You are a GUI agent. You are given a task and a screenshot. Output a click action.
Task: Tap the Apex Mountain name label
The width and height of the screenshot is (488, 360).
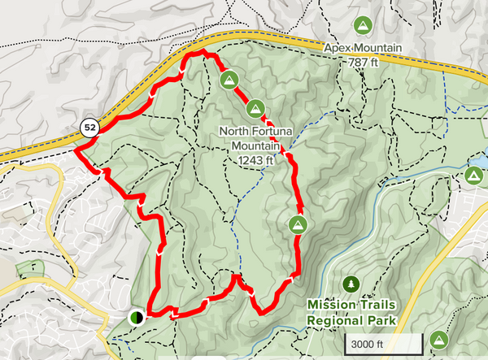(x=363, y=48)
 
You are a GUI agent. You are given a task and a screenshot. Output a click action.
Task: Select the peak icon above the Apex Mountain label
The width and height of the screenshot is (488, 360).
(x=363, y=24)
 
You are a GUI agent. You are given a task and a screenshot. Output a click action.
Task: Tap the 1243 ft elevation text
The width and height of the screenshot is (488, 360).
(x=256, y=160)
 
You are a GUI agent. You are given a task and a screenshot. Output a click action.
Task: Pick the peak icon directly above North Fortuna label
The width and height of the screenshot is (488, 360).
(x=255, y=107)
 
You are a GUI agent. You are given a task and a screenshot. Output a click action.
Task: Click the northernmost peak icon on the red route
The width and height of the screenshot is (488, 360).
(x=229, y=80)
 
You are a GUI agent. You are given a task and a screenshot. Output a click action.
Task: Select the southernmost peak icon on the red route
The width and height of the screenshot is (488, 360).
(x=298, y=224)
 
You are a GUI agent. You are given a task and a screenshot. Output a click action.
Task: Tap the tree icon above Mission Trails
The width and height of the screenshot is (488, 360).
(x=351, y=284)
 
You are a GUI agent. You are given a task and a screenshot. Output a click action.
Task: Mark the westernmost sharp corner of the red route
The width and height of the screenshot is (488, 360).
(x=76, y=150)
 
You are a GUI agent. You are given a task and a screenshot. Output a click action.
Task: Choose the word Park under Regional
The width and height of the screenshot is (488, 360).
(x=381, y=320)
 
